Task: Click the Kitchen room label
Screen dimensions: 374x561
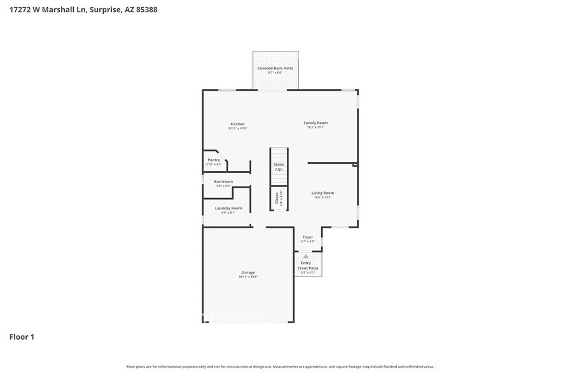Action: click(x=237, y=124)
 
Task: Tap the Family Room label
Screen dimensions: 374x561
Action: click(x=316, y=123)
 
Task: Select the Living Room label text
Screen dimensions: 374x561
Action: click(x=322, y=193)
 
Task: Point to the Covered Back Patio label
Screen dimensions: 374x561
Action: click(x=275, y=68)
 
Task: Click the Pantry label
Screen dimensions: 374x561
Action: click(x=214, y=160)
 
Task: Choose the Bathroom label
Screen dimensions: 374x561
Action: click(x=223, y=182)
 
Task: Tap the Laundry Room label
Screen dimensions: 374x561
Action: click(x=228, y=208)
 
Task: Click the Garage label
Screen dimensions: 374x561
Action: click(x=248, y=272)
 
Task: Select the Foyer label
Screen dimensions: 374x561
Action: click(x=307, y=237)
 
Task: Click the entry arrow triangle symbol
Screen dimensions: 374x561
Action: click(x=305, y=256)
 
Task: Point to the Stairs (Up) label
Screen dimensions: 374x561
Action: click(x=279, y=167)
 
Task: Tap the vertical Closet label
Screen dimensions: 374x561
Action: click(x=277, y=198)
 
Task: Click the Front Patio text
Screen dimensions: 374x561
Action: click(x=308, y=268)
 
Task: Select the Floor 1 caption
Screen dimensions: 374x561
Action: click(x=22, y=336)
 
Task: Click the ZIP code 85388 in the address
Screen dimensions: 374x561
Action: click(x=147, y=10)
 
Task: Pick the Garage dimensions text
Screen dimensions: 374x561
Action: click(x=248, y=277)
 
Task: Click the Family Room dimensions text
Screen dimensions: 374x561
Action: click(x=316, y=127)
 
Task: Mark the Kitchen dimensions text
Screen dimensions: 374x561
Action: click(x=237, y=128)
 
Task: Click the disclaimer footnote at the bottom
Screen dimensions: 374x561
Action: click(x=280, y=366)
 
